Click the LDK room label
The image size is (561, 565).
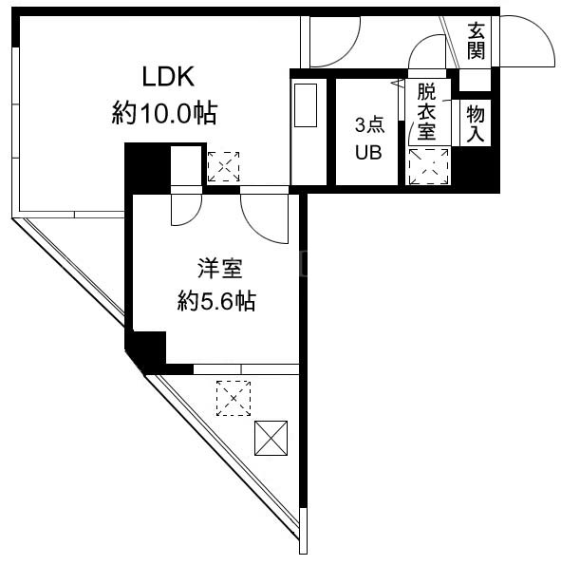tap(169, 76)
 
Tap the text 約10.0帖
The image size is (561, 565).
tap(164, 113)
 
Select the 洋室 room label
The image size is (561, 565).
tap(220, 269)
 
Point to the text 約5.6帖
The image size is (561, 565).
tap(216, 301)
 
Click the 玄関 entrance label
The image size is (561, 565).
tap(476, 40)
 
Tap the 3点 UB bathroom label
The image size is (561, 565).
tap(369, 139)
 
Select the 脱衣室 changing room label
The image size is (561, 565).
tap(426, 112)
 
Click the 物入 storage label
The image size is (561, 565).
tap(476, 124)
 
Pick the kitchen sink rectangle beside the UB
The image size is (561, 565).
tap(306, 105)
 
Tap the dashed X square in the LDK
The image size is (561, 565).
tap(223, 166)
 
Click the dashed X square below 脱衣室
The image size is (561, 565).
tap(428, 166)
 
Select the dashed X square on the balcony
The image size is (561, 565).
tap(234, 398)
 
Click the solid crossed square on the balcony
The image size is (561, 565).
tap(271, 438)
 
